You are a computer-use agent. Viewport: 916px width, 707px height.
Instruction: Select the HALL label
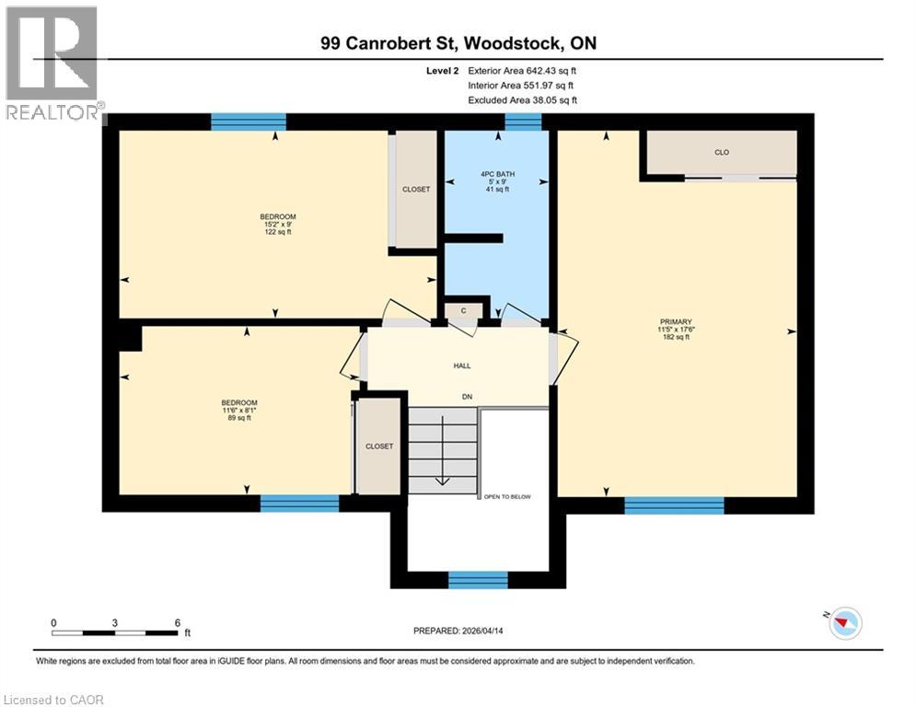click(x=462, y=365)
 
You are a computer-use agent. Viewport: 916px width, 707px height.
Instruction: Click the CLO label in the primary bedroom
click(x=722, y=152)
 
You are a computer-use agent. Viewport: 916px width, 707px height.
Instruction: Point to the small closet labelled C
click(x=464, y=311)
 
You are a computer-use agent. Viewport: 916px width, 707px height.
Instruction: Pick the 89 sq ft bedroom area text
click(x=238, y=418)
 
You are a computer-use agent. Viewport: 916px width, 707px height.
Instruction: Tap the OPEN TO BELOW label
click(x=507, y=496)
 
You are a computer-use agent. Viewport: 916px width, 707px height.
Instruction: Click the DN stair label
click(x=468, y=398)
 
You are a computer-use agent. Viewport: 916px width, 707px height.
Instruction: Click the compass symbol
click(x=843, y=623)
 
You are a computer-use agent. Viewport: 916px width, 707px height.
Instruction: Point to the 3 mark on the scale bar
click(x=115, y=622)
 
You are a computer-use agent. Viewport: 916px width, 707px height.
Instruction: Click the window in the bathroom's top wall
click(x=523, y=122)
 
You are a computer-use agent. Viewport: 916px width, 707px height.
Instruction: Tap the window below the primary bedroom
click(x=674, y=504)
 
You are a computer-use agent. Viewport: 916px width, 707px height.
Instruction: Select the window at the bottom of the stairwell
click(x=478, y=580)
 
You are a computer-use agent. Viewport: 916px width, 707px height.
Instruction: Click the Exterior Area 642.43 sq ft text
click(x=523, y=70)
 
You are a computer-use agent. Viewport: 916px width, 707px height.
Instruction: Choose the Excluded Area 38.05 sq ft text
click(x=523, y=99)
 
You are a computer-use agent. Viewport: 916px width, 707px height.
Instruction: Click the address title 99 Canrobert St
click(x=458, y=43)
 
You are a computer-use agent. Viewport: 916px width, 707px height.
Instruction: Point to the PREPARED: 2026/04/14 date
click(x=462, y=631)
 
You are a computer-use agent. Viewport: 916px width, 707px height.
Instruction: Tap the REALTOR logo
click(x=53, y=64)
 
